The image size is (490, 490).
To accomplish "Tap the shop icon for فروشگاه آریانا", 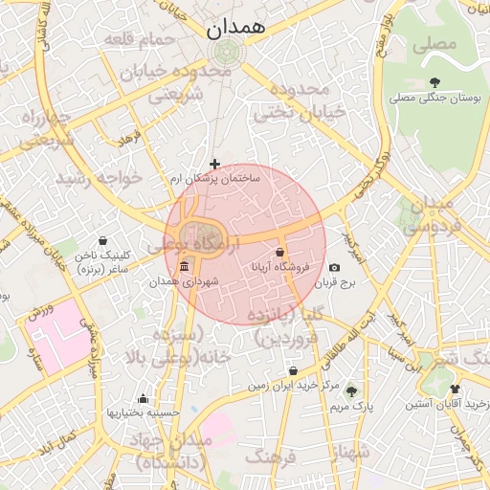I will (279, 253).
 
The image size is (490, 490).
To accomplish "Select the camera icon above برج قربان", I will (334, 269).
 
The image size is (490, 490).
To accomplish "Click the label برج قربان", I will (336, 283).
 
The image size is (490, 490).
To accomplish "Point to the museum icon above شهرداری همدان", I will (184, 267).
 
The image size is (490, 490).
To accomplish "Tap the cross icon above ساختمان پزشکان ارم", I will (214, 165).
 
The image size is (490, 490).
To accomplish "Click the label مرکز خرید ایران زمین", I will (294, 386).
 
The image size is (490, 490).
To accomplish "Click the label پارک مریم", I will (350, 407).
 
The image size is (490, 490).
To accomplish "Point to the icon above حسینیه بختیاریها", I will (143, 398).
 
